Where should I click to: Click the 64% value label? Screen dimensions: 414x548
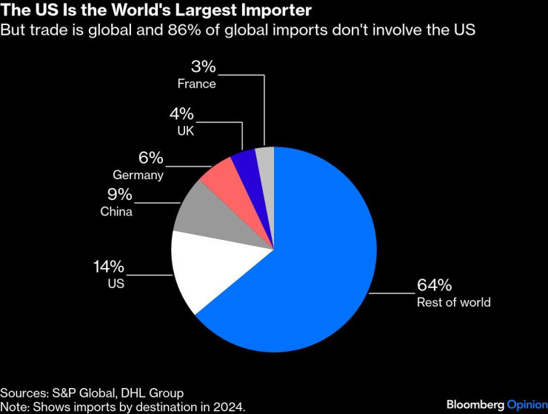point(435,286)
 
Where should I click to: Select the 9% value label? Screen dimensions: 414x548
point(118,195)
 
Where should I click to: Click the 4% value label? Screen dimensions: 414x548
point(181,114)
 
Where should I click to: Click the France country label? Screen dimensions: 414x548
point(196,84)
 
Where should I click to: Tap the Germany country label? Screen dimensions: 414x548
point(138,176)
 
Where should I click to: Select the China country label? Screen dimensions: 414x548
point(116,212)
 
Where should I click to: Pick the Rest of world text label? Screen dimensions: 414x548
point(453,302)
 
